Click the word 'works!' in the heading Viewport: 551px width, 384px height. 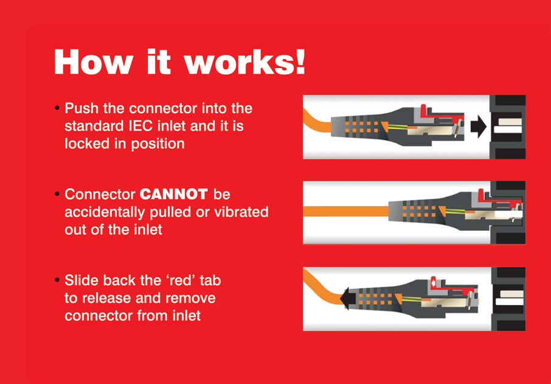click(x=244, y=62)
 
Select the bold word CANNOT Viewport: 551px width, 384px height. click(x=173, y=194)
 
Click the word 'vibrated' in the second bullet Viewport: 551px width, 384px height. click(x=241, y=211)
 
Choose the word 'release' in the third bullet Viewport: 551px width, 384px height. click(x=107, y=298)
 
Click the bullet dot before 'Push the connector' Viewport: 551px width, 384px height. click(x=57, y=108)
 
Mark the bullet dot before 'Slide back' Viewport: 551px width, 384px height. click(x=57, y=280)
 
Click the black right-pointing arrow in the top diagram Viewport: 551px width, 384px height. click(x=478, y=126)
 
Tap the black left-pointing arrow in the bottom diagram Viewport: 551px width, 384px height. click(x=348, y=299)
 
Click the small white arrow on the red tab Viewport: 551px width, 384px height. click(x=434, y=282)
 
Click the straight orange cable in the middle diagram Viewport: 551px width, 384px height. click(x=346, y=211)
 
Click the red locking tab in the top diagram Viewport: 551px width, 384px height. click(x=439, y=114)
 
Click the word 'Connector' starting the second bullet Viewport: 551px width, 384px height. click(x=100, y=194)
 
